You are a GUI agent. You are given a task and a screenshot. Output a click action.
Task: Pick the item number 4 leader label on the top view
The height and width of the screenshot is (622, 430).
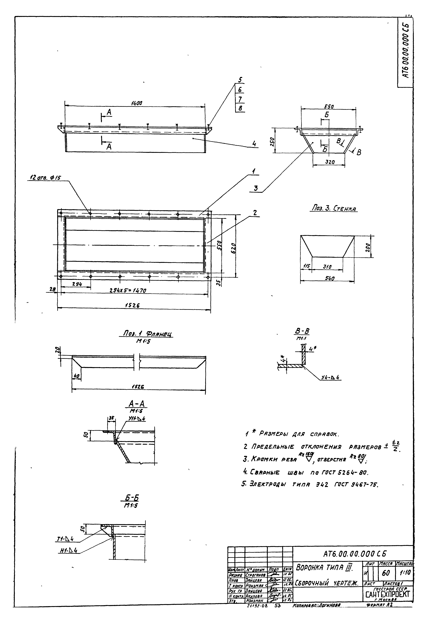[x=254, y=144]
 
